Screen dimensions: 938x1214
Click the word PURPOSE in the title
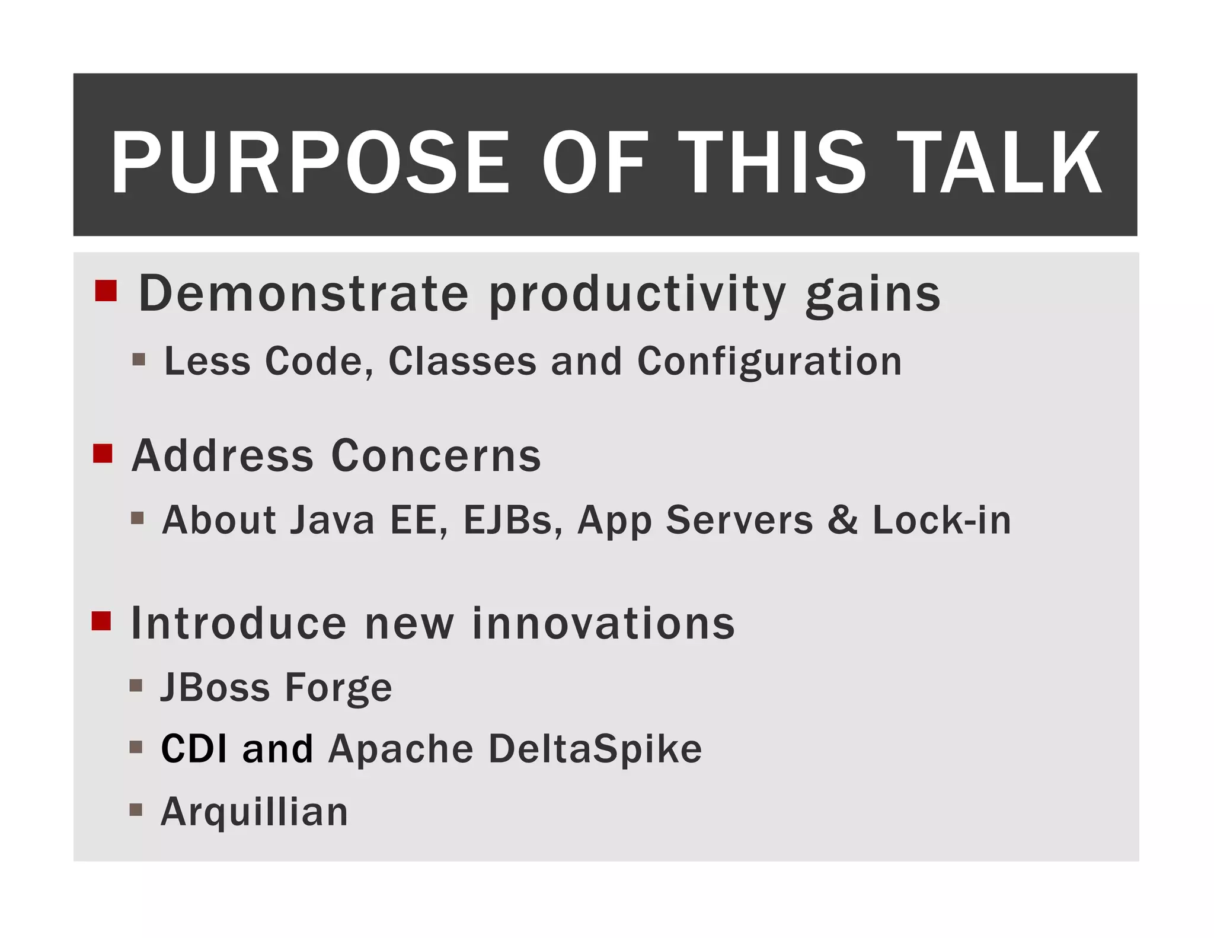coord(310,163)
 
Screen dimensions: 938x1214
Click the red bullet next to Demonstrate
coord(106,291)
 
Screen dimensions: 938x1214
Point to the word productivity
coord(637,295)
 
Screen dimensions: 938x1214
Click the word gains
coord(873,295)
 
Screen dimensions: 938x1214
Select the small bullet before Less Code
coord(139,359)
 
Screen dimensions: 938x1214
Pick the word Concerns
coord(436,456)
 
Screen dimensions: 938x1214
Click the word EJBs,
coord(513,521)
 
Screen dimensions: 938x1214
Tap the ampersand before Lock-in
coord(842,519)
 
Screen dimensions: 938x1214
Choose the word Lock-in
coord(941,520)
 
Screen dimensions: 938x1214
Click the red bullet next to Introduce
coord(101,621)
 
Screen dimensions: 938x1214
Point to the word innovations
coord(603,624)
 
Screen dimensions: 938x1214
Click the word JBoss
coord(216,688)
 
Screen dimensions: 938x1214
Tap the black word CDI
coord(194,748)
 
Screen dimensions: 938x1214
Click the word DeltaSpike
coord(595,749)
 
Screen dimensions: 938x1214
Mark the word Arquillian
coord(254,812)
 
